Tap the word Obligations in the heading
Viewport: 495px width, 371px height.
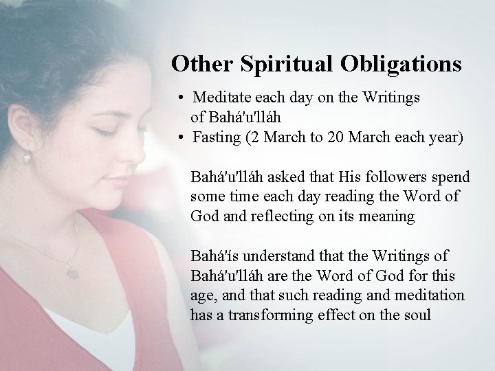click(x=397, y=64)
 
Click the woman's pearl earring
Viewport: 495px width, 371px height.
click(x=27, y=158)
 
